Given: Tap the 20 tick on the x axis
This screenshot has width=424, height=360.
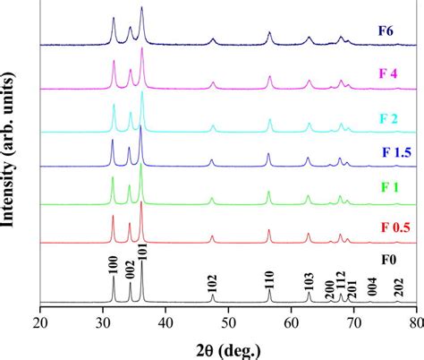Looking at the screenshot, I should pos(41,318).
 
